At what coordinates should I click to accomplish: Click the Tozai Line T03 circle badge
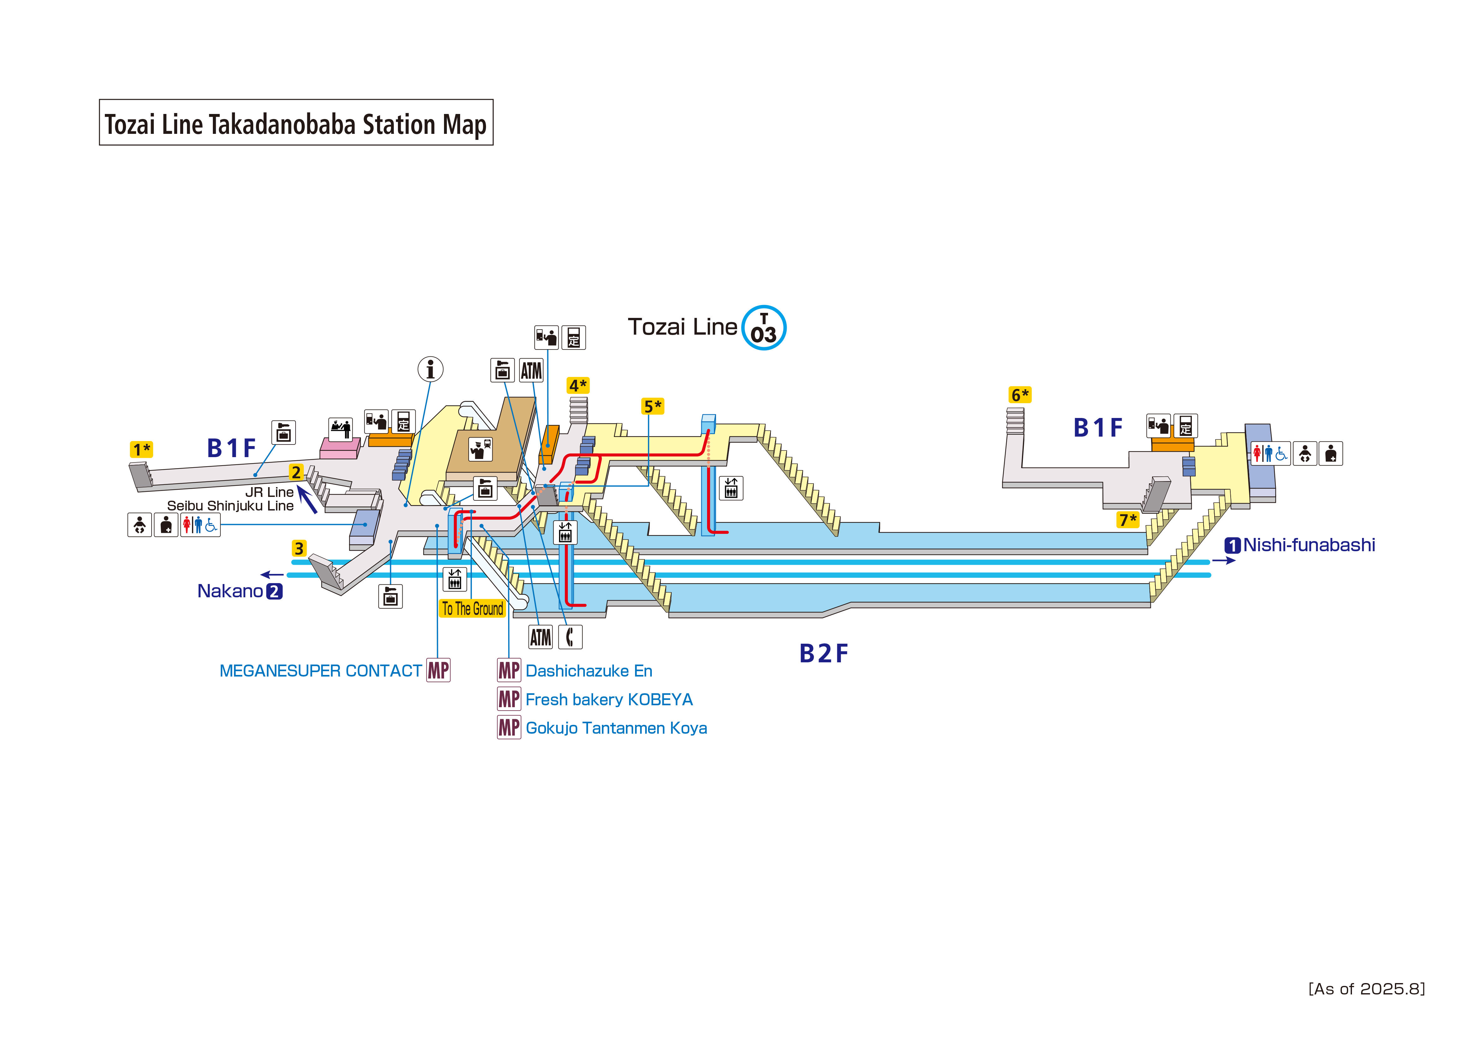[764, 327]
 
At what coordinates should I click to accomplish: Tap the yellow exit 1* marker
[141, 449]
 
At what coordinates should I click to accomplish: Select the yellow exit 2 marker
[296, 472]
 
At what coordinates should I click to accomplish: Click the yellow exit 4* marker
[578, 385]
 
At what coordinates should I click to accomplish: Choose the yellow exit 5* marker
[652, 407]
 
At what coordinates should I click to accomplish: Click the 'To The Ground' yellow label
[472, 609]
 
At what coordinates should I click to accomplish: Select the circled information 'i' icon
[430, 369]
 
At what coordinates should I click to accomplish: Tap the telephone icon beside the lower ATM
[570, 637]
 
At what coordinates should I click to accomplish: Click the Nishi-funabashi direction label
[1308, 545]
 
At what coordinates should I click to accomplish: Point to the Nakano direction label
[230, 591]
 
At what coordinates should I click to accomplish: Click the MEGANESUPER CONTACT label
[320, 671]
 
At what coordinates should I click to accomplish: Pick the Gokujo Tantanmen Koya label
[615, 728]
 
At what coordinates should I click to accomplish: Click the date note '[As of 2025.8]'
[1366, 989]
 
